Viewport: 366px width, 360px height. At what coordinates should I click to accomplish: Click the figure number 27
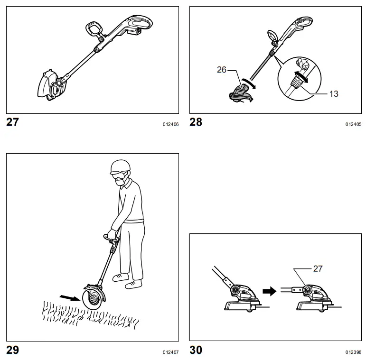coord(13,122)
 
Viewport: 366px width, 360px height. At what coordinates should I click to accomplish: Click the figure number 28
coord(196,122)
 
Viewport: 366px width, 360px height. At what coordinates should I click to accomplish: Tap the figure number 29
coord(13,350)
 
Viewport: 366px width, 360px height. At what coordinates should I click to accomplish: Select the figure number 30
coord(196,350)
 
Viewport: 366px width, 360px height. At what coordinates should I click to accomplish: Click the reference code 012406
coord(170,124)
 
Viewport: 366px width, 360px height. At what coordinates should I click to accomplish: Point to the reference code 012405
coord(353,124)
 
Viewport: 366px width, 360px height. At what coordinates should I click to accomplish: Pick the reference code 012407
coord(170,352)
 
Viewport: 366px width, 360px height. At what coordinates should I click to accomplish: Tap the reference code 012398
coord(353,352)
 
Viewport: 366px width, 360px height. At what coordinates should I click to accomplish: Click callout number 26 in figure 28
coord(222,70)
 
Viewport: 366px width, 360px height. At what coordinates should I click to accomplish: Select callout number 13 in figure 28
coord(334,93)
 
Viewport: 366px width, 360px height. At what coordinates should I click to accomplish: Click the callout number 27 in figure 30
coord(318,268)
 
